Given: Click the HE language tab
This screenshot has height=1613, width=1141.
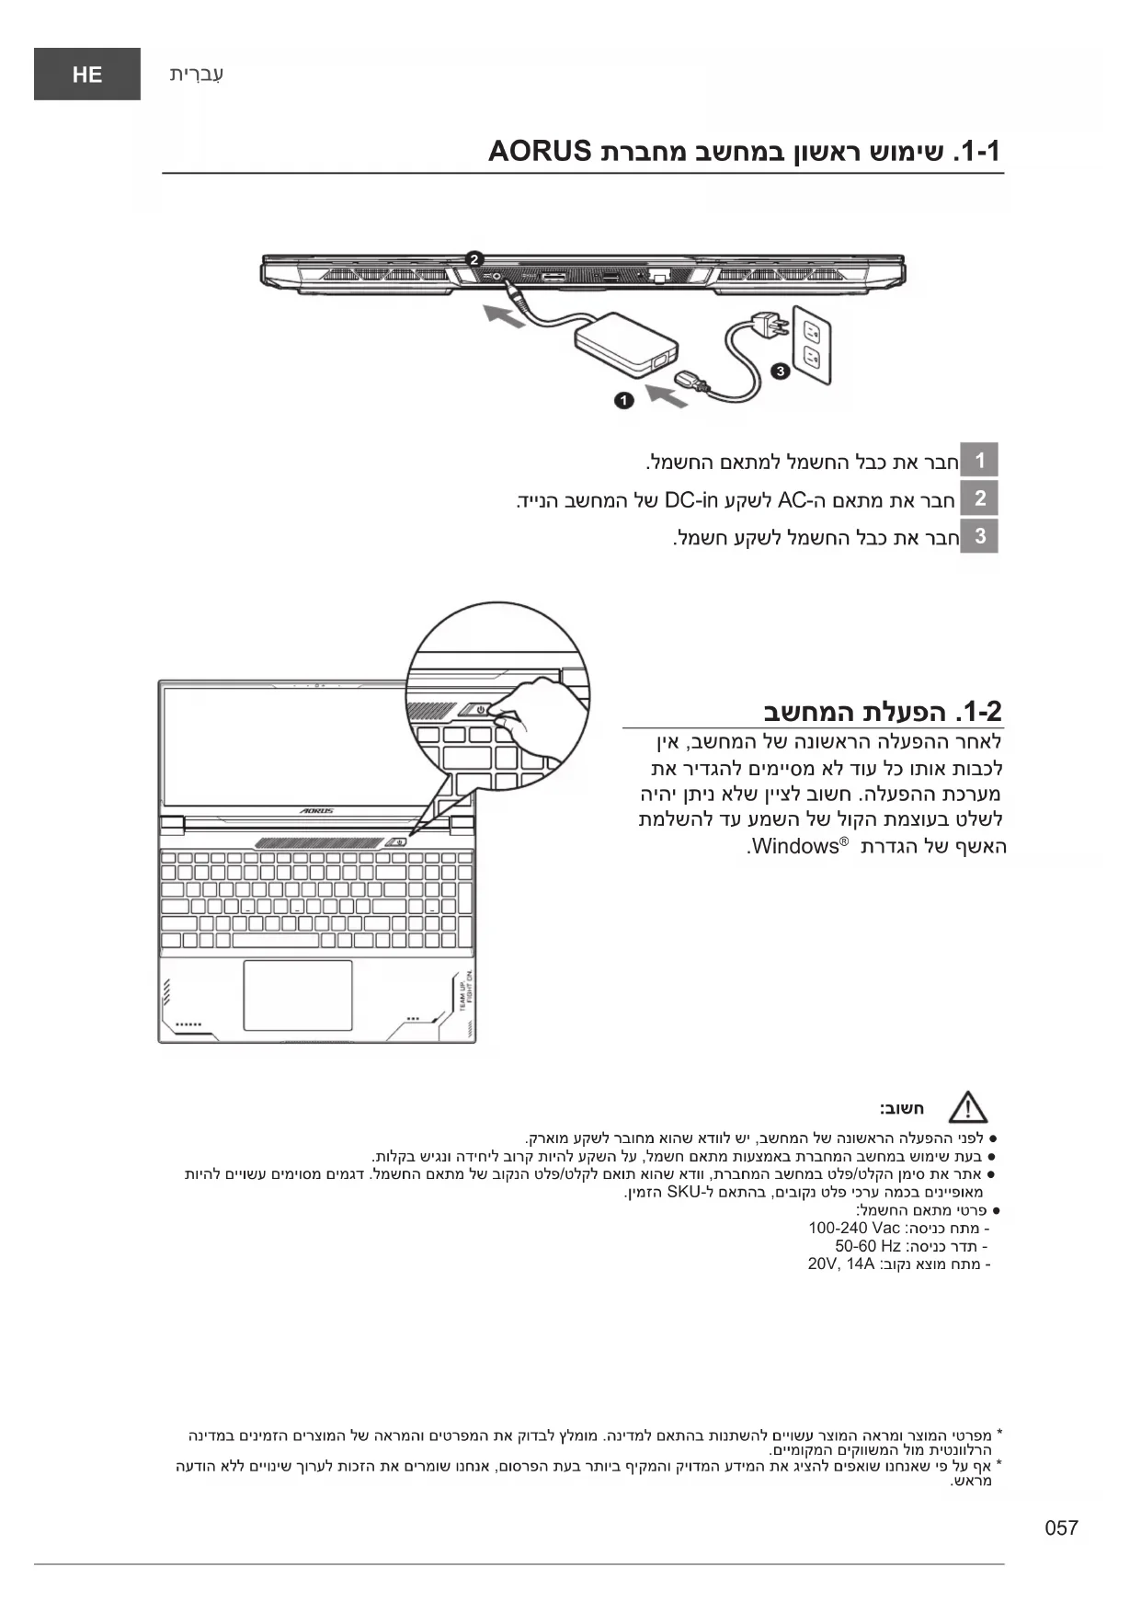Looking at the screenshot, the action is [87, 74].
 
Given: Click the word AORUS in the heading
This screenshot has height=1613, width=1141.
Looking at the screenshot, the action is [539, 151].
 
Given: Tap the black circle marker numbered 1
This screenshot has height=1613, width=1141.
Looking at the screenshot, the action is [624, 400].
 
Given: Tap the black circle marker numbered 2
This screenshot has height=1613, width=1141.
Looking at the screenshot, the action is [474, 258].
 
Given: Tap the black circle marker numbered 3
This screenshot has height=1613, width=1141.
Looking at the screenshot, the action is [781, 371].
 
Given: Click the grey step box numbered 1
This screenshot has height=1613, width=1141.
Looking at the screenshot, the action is [980, 460].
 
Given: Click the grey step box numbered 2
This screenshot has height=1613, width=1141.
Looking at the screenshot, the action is [980, 498].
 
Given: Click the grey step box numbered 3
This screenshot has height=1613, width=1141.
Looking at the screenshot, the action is [980, 536].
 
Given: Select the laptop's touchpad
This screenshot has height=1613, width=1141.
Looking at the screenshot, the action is [298, 995].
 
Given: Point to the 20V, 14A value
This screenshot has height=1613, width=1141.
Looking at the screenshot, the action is [841, 1264].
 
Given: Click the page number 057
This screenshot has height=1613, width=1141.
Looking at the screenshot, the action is [1061, 1527].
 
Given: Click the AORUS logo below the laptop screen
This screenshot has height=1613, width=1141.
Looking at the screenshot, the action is [317, 811].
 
